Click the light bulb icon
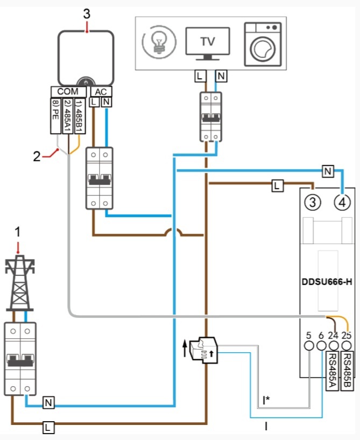158,43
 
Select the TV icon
207,43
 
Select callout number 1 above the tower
18,232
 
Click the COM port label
68,92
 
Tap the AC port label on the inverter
101,92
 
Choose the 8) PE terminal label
55,115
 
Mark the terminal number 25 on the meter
347,335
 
